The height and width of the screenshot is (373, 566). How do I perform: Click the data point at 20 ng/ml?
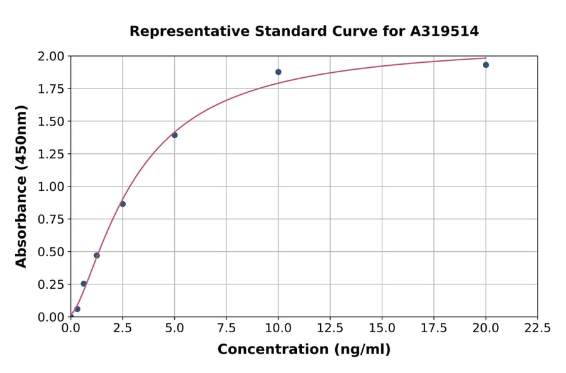click(486, 65)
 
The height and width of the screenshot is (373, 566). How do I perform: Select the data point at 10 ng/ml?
click(278, 72)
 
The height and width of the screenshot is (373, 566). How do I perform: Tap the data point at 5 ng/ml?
click(175, 135)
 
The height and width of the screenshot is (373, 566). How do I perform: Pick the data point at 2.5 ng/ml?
click(123, 204)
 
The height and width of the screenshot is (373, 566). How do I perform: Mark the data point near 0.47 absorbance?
click(97, 256)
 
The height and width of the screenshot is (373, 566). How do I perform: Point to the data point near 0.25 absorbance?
click(84, 284)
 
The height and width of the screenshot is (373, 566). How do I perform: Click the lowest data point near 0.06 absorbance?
click(77, 309)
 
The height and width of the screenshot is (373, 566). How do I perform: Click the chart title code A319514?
click(445, 31)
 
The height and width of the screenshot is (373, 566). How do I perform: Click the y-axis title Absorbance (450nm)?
click(21, 186)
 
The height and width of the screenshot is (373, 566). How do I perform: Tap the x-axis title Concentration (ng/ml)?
click(304, 350)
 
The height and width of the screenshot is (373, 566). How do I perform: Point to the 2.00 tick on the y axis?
click(51, 57)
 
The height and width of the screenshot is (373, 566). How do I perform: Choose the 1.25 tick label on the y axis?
click(51, 154)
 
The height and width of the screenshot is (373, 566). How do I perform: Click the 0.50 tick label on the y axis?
click(51, 252)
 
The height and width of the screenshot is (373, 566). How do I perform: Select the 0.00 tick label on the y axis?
click(51, 317)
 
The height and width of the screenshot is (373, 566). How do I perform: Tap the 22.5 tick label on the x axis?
click(537, 328)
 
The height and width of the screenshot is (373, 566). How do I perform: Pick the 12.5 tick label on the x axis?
click(330, 328)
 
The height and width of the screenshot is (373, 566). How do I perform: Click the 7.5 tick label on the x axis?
click(226, 328)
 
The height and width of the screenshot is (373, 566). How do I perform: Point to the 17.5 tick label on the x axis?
click(433, 328)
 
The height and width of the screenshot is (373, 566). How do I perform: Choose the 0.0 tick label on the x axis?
click(71, 328)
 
